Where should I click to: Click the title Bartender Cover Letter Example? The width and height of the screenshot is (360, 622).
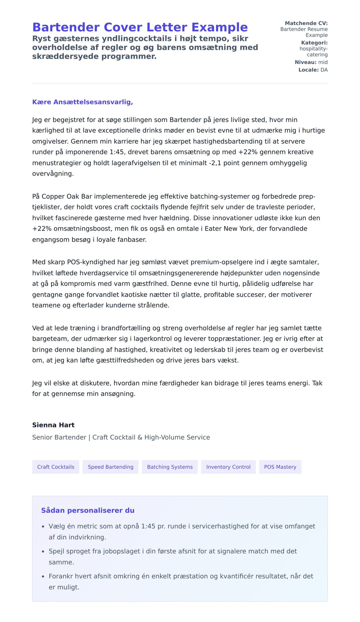(140, 27)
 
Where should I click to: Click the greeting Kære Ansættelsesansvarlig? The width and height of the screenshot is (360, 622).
(82, 102)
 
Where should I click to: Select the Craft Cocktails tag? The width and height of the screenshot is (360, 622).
(55, 467)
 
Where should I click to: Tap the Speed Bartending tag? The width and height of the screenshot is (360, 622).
(110, 467)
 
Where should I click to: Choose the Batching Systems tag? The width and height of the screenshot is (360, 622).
(170, 467)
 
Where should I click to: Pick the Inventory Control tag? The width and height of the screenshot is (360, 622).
(228, 467)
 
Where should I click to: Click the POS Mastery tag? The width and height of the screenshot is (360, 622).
(280, 467)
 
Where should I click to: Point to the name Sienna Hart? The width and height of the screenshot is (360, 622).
(53, 425)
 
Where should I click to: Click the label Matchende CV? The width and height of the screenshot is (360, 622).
(306, 23)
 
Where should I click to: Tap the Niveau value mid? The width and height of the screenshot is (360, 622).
(323, 62)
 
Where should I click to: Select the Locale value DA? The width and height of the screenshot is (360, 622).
(324, 70)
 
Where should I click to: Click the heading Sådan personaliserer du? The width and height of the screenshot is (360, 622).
(88, 510)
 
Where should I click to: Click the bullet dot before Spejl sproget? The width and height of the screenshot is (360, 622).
(43, 552)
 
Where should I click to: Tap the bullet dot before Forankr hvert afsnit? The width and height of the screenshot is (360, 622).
(43, 576)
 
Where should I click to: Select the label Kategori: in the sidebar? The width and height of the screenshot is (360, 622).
(314, 43)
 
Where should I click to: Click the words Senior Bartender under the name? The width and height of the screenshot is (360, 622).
(59, 437)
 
